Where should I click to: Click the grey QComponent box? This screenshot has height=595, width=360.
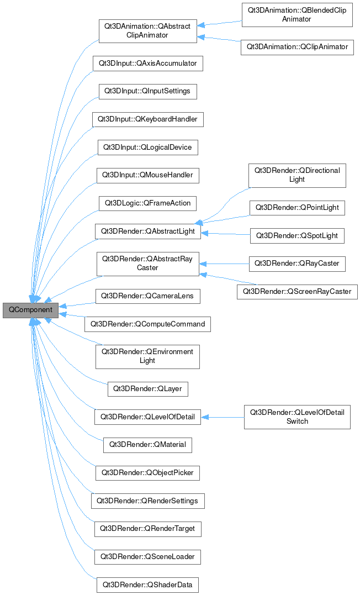[x=30, y=310]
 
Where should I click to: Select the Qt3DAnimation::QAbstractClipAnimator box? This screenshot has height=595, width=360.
[x=147, y=30]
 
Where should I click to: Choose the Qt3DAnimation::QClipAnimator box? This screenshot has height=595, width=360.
[x=297, y=47]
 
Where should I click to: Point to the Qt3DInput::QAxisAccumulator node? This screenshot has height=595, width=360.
[x=147, y=63]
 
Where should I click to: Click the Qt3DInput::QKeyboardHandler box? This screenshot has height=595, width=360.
[x=147, y=119]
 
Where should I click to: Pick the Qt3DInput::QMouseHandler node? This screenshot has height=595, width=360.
[x=147, y=175]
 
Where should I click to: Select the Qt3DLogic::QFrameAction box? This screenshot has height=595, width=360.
[x=147, y=203]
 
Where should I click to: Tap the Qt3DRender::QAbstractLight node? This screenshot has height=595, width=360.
[x=147, y=231]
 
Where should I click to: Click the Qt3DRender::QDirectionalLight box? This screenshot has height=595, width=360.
[x=297, y=175]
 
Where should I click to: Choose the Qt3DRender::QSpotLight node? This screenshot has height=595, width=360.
[x=297, y=236]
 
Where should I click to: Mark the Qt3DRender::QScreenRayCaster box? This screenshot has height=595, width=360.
[x=297, y=291]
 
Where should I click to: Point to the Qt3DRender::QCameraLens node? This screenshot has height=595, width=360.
[x=147, y=296]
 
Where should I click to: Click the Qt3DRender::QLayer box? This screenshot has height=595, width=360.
[x=147, y=388]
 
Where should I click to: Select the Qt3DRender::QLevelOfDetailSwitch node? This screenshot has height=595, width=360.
[x=297, y=417]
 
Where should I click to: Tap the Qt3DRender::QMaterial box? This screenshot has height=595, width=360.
[x=147, y=444]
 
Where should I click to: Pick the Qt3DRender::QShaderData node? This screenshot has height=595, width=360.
[x=147, y=585]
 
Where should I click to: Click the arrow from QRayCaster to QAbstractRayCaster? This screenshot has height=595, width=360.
[x=226, y=264]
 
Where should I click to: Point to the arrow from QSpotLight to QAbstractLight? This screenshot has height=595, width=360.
[x=226, y=234]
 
